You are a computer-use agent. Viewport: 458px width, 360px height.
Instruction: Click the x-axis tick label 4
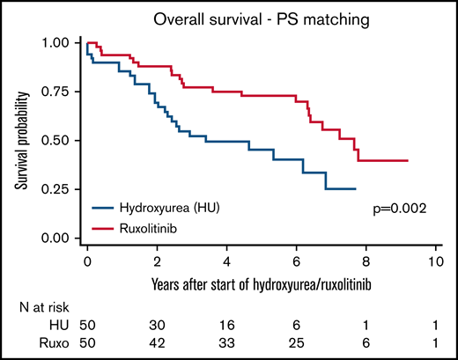[226, 262]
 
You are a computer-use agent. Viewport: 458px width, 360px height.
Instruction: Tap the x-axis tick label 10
[433, 262]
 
